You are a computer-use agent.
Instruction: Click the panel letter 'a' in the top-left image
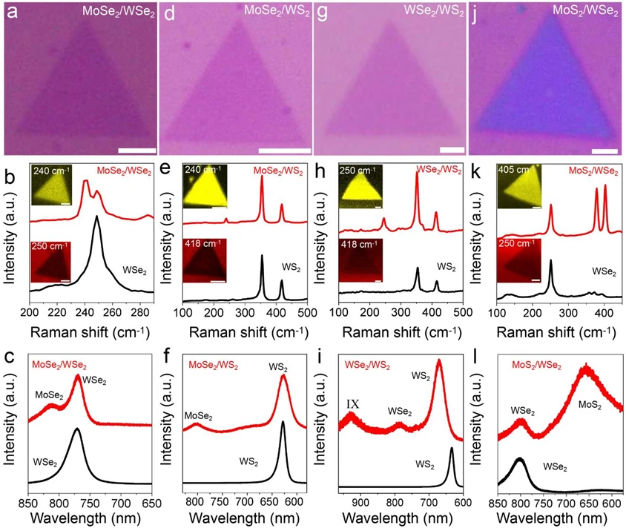[12, 13]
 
